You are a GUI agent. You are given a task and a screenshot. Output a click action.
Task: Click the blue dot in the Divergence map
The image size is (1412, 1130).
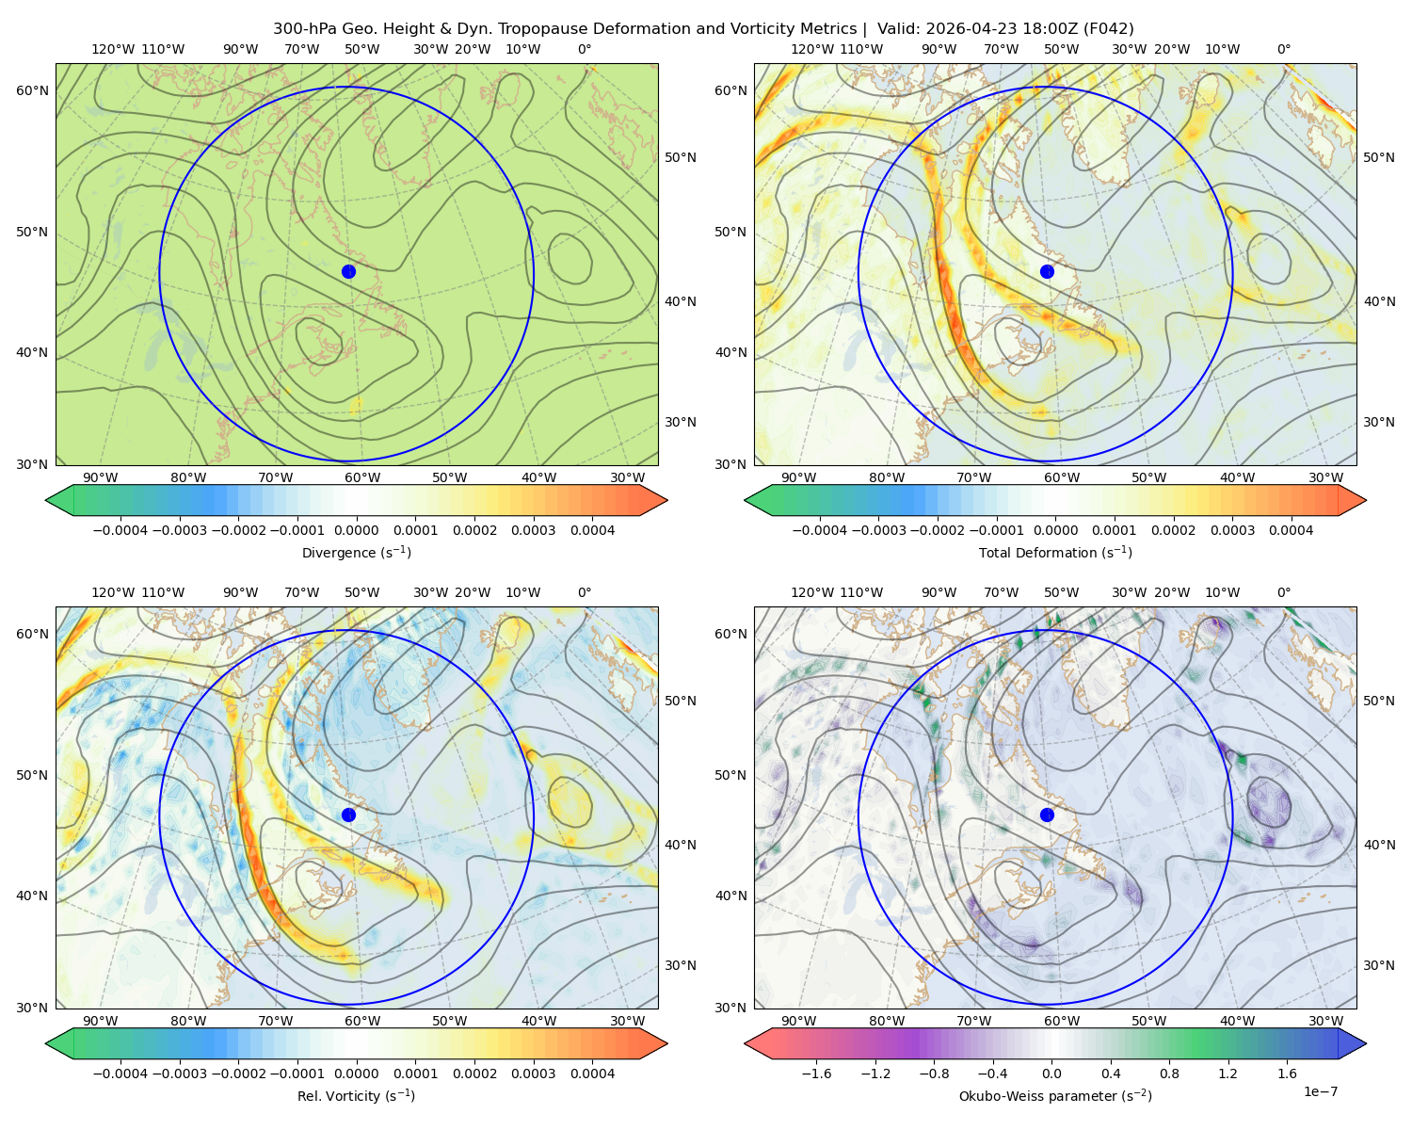coord(348,272)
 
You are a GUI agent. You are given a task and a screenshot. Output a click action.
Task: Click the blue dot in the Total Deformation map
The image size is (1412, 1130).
coord(1047,272)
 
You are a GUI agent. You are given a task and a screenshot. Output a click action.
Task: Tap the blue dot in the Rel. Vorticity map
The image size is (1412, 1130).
coord(348,815)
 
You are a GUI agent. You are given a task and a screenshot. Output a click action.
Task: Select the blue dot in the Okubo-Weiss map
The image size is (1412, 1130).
coord(1047,815)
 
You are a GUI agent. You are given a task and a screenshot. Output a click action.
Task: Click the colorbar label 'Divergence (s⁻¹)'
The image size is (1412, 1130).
coord(356,552)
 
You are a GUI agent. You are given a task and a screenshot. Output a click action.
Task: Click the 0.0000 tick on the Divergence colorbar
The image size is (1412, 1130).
coord(356,530)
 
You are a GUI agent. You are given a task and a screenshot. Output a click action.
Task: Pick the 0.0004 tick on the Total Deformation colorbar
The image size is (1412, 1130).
coord(1291,530)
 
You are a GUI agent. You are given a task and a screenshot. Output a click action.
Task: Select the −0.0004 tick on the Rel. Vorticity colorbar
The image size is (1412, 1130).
coord(120,1073)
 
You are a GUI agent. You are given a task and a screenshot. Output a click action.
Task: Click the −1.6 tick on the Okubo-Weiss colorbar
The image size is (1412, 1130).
coord(817,1073)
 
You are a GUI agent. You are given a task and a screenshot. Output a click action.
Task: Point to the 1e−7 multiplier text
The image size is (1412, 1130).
coord(1320,1091)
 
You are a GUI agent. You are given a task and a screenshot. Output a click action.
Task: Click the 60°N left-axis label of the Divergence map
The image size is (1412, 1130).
coord(32,90)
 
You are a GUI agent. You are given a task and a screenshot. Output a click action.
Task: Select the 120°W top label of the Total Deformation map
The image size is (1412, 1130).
coord(811,49)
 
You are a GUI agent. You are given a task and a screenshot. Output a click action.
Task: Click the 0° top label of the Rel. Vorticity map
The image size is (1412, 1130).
coord(585,592)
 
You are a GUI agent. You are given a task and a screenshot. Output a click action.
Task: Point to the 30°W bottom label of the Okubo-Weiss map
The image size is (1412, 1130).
coord(1326,1021)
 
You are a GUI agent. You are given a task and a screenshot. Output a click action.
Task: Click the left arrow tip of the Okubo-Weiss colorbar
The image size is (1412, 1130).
coord(745,1043)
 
